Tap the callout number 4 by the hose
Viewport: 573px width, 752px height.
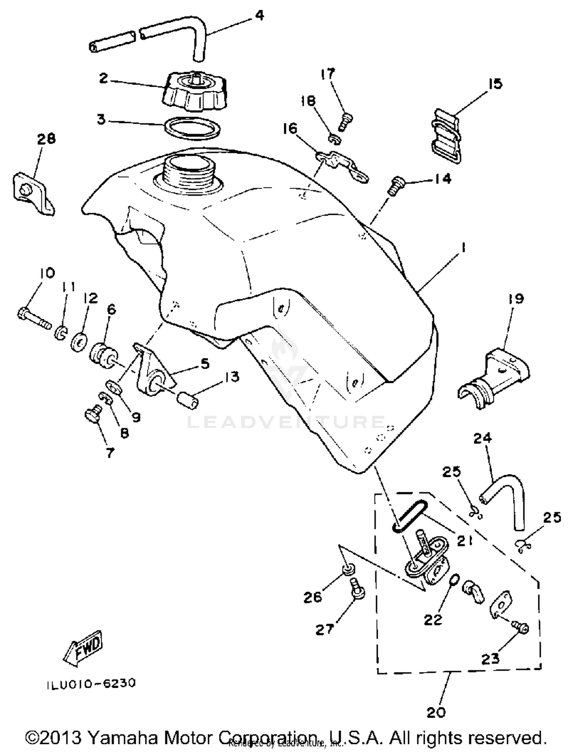(x=259, y=16)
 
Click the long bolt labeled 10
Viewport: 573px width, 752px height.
(x=34, y=318)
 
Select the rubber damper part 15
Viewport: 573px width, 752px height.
(x=447, y=136)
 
